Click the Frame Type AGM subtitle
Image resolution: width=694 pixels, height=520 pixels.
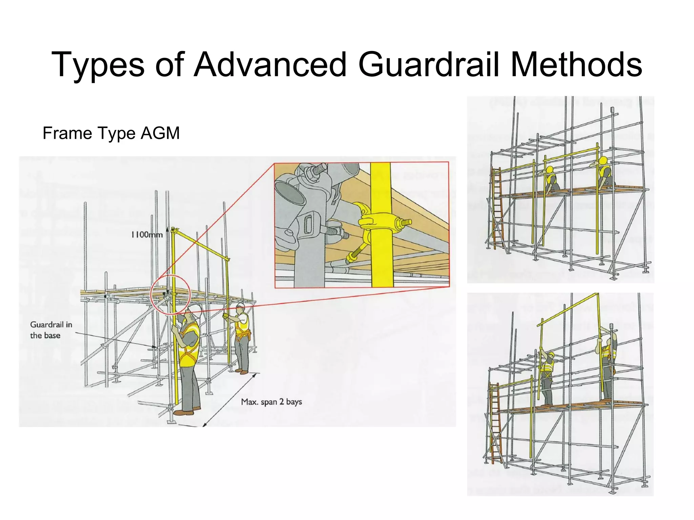point(111,133)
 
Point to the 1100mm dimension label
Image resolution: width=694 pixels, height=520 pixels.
point(147,234)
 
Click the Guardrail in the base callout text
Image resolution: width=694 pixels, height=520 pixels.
point(51,330)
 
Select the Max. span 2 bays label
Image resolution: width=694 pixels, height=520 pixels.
point(271,402)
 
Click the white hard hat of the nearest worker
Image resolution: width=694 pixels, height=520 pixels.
point(194,309)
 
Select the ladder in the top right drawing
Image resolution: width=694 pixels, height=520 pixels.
point(496,207)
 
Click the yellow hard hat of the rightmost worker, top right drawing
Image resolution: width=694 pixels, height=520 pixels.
point(603,160)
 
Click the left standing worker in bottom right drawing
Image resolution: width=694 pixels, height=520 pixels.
point(546,376)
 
